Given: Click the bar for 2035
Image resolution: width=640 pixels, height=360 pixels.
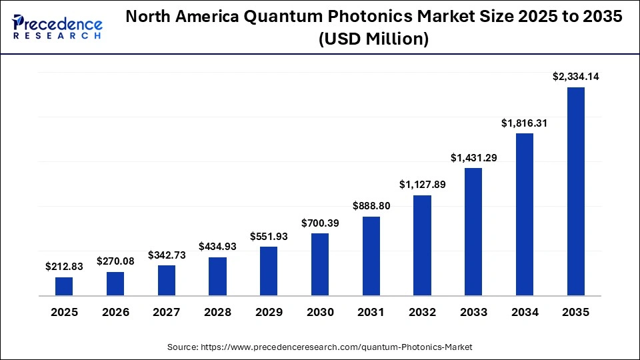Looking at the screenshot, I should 575,191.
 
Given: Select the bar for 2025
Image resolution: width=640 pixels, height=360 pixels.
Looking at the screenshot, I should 64,287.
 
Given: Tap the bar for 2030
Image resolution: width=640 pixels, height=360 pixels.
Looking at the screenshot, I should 320,265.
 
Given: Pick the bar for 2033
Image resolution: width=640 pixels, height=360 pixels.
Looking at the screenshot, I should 473,232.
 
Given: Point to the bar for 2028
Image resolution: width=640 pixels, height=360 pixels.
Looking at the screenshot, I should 217,277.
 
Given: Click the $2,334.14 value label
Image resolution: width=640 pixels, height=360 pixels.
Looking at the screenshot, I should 575,77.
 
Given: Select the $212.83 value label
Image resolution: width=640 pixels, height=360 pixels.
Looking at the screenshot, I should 65,267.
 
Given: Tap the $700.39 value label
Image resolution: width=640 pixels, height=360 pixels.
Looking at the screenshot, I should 320,223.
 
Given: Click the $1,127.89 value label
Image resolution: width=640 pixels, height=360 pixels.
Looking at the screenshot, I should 422,185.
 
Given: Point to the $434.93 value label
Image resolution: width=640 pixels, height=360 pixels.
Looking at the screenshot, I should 217,247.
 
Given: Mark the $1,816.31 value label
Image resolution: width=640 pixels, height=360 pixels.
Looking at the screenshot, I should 525,123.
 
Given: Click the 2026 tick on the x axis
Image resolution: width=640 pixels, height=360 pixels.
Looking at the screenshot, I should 115,312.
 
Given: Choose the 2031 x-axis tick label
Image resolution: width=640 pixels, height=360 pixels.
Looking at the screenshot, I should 371,312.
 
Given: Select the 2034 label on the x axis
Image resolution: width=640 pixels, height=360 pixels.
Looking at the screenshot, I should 525,312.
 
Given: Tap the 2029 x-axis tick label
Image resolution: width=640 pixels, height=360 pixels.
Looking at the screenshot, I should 269,312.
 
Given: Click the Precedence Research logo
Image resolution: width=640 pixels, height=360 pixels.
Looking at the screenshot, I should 57,27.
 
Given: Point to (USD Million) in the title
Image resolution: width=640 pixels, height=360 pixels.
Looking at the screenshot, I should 373,39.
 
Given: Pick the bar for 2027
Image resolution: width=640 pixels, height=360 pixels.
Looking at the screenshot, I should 167,281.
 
